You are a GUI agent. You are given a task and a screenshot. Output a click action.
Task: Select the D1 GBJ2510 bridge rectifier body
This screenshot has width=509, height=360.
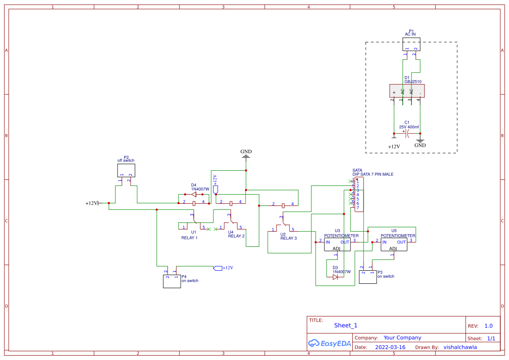pyautogui.click(x=407, y=91)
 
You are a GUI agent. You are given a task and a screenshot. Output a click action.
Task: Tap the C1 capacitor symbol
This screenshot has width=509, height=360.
pyautogui.click(x=407, y=133)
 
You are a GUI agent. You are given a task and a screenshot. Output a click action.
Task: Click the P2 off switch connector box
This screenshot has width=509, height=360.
pyautogui.click(x=126, y=170)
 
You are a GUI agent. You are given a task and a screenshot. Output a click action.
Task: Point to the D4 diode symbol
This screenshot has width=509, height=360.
pyautogui.click(x=194, y=195)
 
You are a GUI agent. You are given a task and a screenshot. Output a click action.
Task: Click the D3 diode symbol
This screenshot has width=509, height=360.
pyautogui.click(x=335, y=277)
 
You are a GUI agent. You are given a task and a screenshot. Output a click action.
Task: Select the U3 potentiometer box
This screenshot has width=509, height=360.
pyautogui.click(x=337, y=244)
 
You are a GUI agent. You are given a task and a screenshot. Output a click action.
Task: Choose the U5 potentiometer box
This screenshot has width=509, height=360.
pyautogui.click(x=394, y=244)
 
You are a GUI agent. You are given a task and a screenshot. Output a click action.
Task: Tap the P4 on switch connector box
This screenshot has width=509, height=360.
pyautogui.click(x=172, y=281)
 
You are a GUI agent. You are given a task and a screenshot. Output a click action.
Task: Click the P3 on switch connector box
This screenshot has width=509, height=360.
pyautogui.click(x=367, y=277)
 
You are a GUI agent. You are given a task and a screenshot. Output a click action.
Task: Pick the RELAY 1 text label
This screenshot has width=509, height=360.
pyautogui.click(x=189, y=238)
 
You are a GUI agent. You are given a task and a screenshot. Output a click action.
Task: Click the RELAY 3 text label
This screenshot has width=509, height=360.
pyautogui.click(x=289, y=238)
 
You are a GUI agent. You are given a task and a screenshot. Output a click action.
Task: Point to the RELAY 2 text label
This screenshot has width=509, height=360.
pyautogui.click(x=236, y=236)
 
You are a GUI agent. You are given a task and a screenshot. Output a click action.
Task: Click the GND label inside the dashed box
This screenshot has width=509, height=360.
pyautogui.click(x=420, y=145)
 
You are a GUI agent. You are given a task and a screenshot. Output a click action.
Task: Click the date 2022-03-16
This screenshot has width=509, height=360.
pyautogui.click(x=390, y=347)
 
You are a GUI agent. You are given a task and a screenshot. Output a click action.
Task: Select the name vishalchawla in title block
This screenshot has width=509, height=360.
pyautogui.click(x=460, y=347)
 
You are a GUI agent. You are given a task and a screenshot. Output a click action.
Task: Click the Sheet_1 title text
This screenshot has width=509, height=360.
pyautogui.click(x=346, y=325)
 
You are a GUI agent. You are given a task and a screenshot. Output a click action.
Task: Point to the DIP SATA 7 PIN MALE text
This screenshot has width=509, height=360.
pyautogui.click(x=373, y=174)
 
